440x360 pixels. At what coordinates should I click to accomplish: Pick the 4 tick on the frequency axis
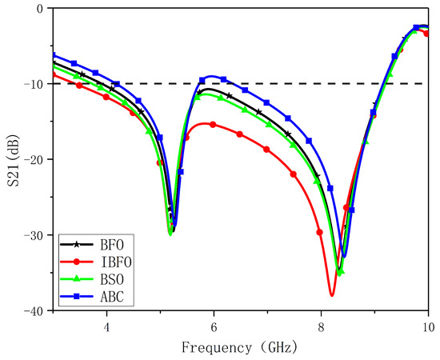click(x=106, y=326)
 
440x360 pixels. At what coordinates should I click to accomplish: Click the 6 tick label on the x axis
click(x=214, y=326)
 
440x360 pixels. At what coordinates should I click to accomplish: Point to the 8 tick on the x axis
click(x=321, y=326)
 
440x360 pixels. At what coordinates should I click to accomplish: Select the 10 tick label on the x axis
click(x=428, y=326)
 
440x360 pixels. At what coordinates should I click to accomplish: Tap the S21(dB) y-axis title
click(x=11, y=160)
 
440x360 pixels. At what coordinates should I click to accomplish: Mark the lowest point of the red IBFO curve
click(x=331, y=296)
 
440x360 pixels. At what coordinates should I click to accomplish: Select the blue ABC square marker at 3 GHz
click(x=53, y=55)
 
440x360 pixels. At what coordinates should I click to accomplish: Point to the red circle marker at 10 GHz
click(x=426, y=34)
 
